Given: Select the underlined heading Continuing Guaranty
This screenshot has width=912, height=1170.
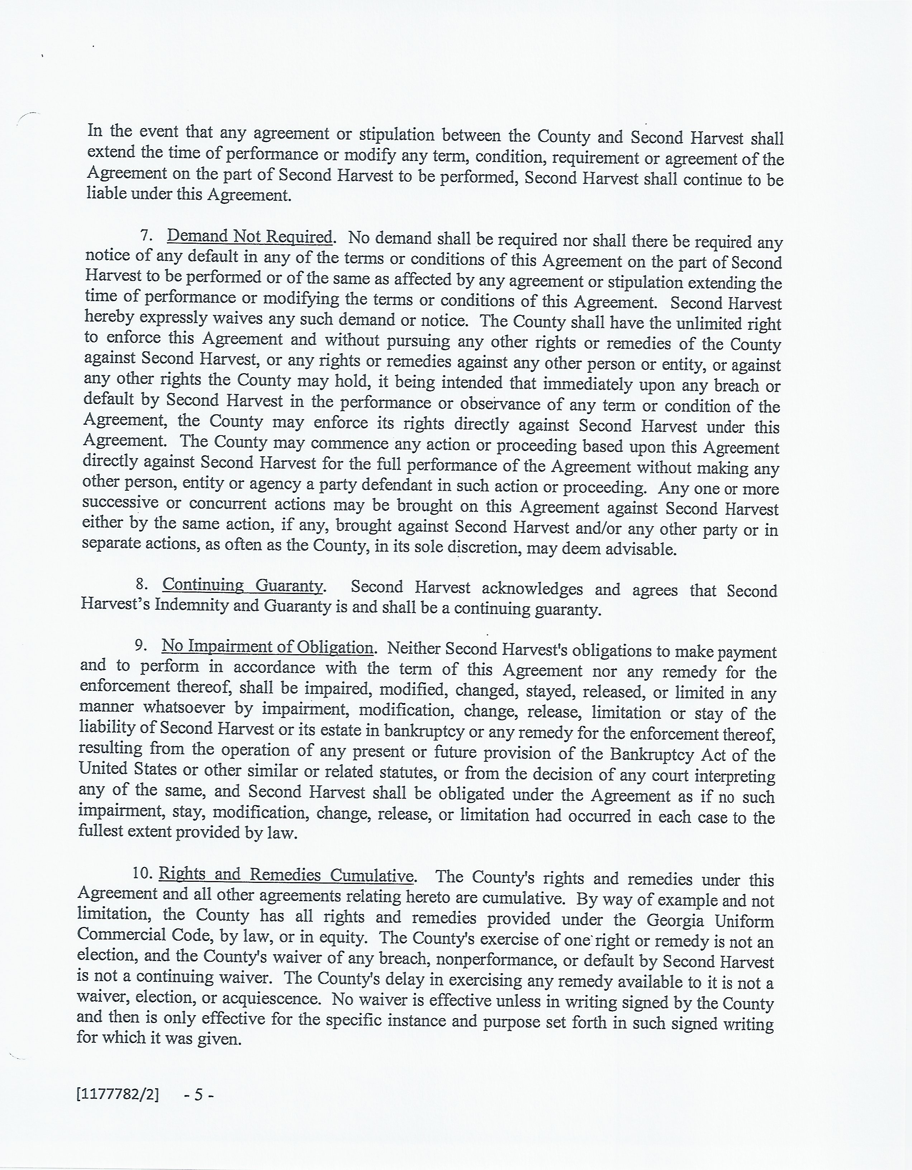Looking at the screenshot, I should (x=243, y=585).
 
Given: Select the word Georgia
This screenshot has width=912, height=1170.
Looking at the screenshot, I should (x=675, y=919).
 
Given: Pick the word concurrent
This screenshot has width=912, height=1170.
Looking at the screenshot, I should (x=227, y=504).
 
